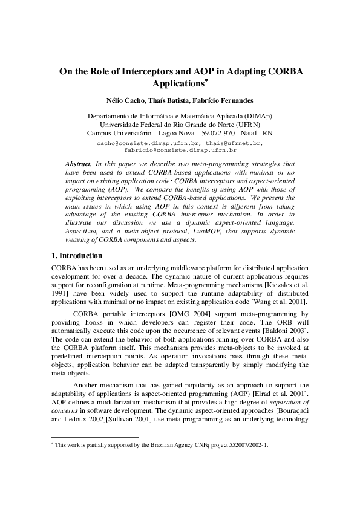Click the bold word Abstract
coord(78,164)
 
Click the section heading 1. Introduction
coord(76,256)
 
